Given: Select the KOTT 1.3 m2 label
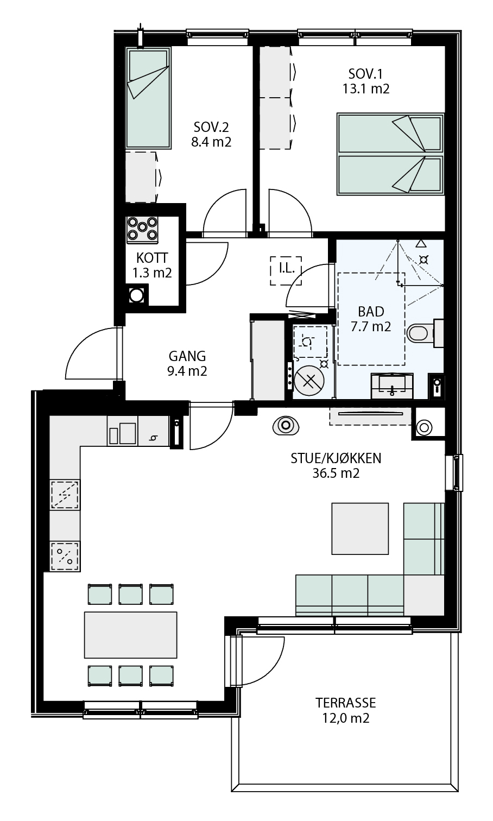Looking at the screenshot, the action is [151, 266].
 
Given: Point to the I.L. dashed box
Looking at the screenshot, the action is [286, 270].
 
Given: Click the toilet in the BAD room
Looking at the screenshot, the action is [425, 333].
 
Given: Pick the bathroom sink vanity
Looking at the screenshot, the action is [392, 386].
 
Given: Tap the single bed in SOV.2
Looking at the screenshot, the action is [148, 98].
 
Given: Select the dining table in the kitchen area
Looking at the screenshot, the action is [130, 635].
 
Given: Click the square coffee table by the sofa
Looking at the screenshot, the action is [360, 528].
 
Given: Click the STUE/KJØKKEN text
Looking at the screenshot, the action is [336, 458].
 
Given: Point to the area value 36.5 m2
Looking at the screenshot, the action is [336, 473].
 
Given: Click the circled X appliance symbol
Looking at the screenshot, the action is [309, 381].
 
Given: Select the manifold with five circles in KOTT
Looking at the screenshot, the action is [142, 230].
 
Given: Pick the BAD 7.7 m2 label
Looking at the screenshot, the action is [371, 319].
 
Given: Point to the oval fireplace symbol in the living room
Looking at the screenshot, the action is [286, 426].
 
